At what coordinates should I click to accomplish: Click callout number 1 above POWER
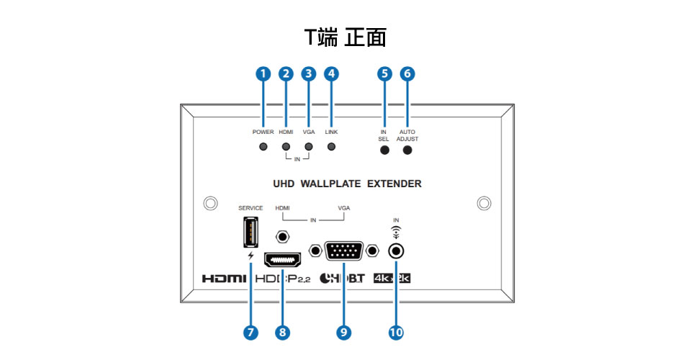[x=263, y=73]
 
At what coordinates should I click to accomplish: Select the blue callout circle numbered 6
[x=407, y=73]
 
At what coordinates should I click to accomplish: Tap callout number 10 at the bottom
[x=396, y=332]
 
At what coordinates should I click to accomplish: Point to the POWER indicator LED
[x=263, y=147]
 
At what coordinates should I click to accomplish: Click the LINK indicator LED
[x=331, y=147]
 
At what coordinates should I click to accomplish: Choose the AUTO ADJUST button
[x=407, y=150]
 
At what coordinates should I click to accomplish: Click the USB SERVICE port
[x=250, y=232]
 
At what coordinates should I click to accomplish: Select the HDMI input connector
[x=282, y=260]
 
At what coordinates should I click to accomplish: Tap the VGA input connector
[x=344, y=251]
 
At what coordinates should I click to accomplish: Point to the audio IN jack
[x=396, y=251]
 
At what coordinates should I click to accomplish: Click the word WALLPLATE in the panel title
[x=330, y=184]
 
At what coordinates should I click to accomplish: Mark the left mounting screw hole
[x=211, y=203]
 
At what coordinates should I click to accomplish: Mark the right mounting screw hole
[x=484, y=203]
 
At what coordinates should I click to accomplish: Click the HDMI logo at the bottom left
[x=224, y=279]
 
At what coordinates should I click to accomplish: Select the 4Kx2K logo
[x=392, y=278]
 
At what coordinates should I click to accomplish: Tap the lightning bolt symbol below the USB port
[x=250, y=256]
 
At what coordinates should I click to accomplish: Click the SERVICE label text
[x=250, y=208]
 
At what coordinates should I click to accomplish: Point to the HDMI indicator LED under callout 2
[x=286, y=147]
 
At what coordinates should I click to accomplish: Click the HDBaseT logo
[x=342, y=278]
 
